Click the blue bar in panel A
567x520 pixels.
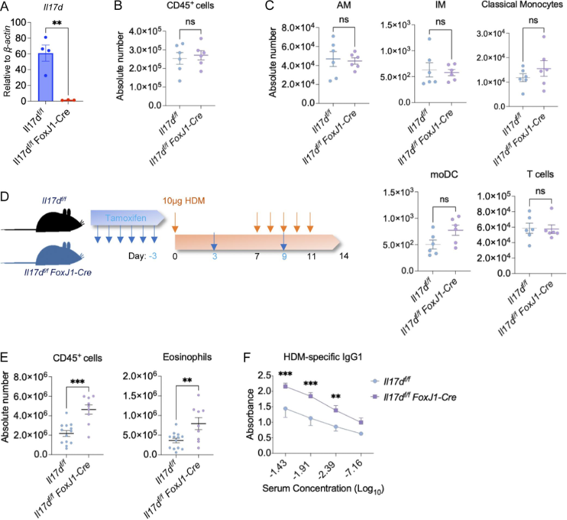[45, 77]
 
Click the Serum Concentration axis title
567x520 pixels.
[323, 489]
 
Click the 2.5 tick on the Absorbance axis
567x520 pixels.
[266, 376]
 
